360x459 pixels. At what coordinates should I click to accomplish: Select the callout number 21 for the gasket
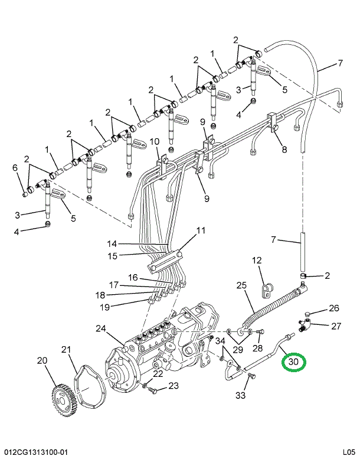[x=65, y=351]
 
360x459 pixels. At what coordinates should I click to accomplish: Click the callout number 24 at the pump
[x=100, y=328]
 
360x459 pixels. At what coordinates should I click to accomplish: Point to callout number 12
[x=257, y=261]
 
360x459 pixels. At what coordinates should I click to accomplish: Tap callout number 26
[x=334, y=308]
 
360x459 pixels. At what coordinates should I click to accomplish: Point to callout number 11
[x=201, y=230]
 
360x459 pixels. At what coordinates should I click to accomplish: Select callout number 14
[x=112, y=243]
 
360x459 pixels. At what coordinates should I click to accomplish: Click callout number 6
[x=15, y=168]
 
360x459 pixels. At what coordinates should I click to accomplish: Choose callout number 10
[x=154, y=141]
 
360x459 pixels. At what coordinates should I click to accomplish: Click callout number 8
[x=284, y=149]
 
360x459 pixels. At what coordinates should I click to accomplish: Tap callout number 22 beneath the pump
[x=157, y=373]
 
